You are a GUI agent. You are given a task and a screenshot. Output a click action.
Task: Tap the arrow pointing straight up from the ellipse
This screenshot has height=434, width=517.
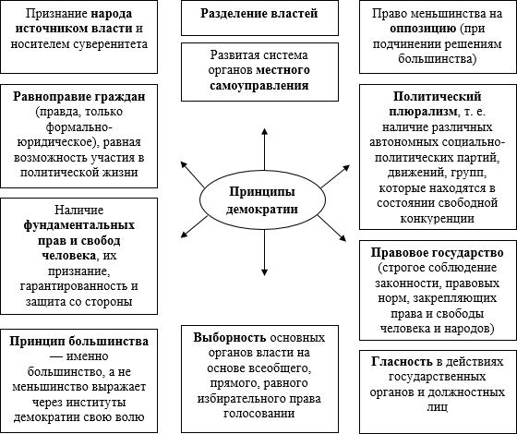[x=264, y=149]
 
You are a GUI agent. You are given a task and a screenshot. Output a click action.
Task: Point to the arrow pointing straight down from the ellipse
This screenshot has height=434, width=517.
[x=264, y=253]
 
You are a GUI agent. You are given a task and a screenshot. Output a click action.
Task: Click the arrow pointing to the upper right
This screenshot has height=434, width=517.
[x=335, y=176]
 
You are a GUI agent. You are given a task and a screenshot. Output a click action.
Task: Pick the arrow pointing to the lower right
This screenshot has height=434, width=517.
[x=331, y=228]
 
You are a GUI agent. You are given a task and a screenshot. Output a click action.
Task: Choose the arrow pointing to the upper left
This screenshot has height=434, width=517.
[x=193, y=175]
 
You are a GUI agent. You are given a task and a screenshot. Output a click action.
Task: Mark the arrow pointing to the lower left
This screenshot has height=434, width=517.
[x=195, y=226]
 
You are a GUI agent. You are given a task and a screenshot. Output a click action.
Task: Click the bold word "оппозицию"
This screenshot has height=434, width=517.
[x=423, y=29]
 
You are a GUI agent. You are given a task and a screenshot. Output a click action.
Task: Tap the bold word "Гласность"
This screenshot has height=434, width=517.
[x=402, y=362]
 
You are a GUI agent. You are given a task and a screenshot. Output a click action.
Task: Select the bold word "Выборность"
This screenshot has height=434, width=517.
[x=230, y=337]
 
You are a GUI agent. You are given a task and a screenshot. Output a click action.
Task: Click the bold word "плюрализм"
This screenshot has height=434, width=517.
[x=424, y=112]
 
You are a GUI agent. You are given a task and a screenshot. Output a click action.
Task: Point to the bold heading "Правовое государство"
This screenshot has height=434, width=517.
[x=438, y=253]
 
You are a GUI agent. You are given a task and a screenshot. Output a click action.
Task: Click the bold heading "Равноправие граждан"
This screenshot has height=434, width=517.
[x=79, y=97]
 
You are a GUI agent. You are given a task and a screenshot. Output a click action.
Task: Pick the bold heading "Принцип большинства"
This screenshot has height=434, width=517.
[x=78, y=341]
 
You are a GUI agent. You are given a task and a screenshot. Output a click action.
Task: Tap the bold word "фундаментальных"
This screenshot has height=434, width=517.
[x=79, y=225]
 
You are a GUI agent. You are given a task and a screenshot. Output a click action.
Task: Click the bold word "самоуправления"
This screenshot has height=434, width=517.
[x=259, y=86]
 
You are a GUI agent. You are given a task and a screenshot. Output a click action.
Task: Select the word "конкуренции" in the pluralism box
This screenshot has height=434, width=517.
[x=438, y=218]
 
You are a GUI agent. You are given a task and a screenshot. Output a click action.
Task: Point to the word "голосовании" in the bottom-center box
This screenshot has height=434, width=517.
[x=259, y=414]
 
